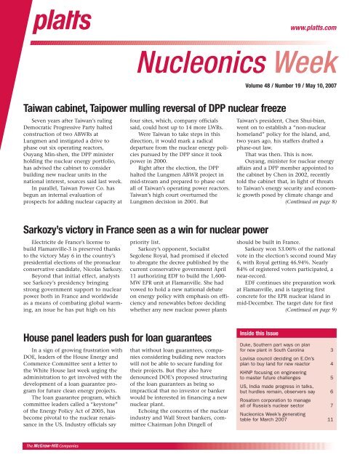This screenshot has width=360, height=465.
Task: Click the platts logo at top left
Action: [x=34, y=17]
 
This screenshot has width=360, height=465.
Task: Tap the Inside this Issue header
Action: [x=268, y=333]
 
